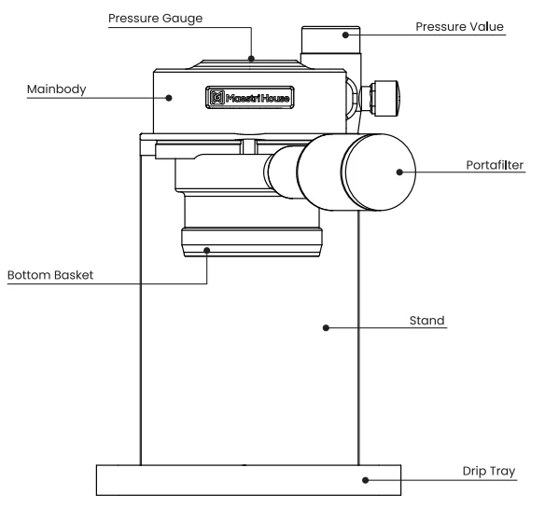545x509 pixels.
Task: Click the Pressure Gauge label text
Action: point(155,18)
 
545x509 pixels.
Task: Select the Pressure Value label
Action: point(459,27)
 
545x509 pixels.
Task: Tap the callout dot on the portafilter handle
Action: point(398,172)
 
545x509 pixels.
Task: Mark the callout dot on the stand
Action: point(326,327)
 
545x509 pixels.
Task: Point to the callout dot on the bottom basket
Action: point(209,249)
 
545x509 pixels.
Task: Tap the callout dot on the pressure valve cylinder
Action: point(344,35)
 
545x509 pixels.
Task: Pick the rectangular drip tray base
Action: point(249,480)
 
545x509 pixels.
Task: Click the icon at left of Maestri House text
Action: point(217,96)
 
